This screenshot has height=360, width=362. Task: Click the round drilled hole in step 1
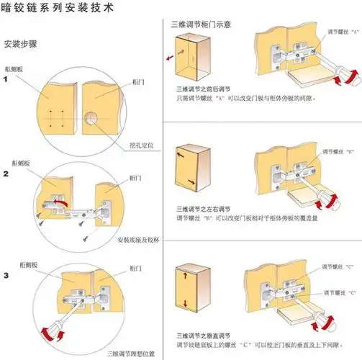(93, 117)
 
